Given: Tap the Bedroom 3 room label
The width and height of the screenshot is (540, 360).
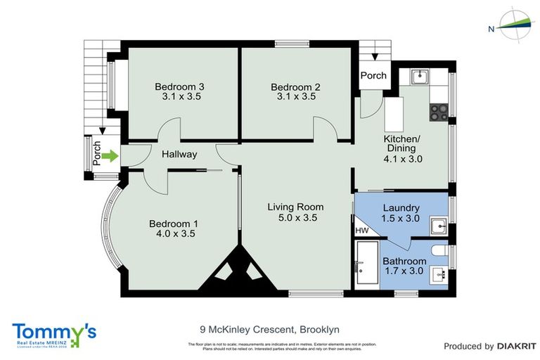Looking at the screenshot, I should pyautogui.click(x=179, y=86).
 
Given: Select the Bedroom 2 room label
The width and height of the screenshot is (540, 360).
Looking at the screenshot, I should pyautogui.click(x=295, y=86).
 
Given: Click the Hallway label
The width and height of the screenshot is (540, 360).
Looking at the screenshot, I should pyautogui.click(x=179, y=154).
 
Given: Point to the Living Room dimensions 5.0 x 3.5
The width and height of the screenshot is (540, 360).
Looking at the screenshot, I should pyautogui.click(x=295, y=219).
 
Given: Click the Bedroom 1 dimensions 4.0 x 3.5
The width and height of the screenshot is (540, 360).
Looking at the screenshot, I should pyautogui.click(x=174, y=234).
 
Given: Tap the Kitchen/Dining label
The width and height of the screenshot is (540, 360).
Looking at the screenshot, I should pyautogui.click(x=399, y=143).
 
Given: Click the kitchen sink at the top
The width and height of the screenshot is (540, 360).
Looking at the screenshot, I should pyautogui.click(x=417, y=75).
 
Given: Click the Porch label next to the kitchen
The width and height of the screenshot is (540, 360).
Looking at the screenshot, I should pyautogui.click(x=373, y=76).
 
